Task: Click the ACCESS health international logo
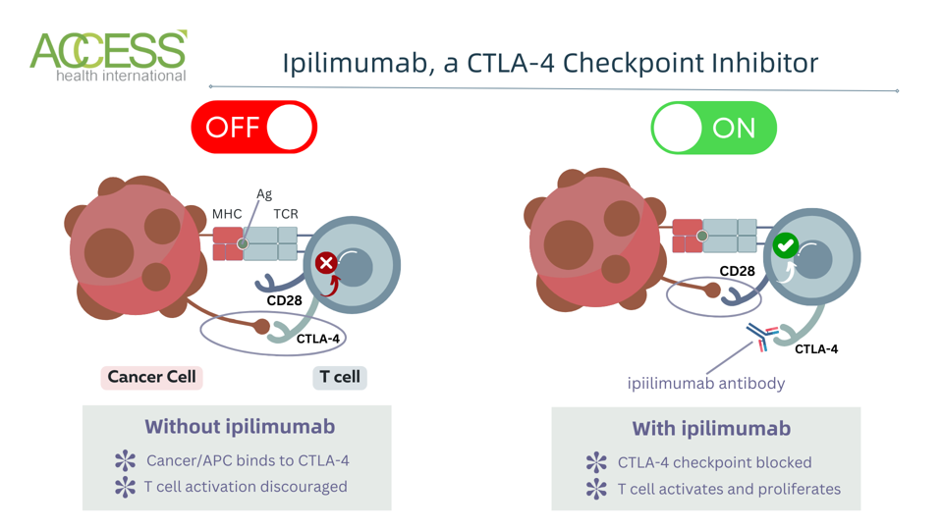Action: pos(108,56)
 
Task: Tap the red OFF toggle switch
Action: pos(253,128)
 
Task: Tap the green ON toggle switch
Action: pos(713,129)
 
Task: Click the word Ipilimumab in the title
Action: pos(354,63)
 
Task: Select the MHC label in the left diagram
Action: pos(227,214)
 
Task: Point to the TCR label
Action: pos(286,214)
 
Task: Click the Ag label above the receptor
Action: pos(264,194)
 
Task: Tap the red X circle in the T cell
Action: pos(326,262)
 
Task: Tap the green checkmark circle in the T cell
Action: pos(785,246)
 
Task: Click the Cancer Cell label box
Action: pos(151,377)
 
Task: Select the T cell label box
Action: pos(340,377)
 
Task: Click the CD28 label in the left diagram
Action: pos(284,300)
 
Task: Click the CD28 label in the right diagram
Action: pos(737,272)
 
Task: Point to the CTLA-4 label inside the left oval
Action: pos(317,339)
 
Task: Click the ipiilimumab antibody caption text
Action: pos(706,383)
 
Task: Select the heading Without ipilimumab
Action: pos(240,427)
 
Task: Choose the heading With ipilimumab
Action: pos(711,429)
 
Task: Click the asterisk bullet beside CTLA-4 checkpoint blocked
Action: pos(595,462)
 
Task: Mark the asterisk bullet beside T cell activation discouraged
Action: pos(125,487)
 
